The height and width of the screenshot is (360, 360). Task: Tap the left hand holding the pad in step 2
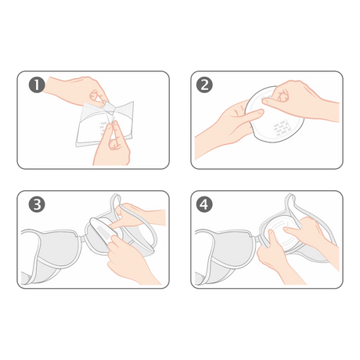point(227,125)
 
